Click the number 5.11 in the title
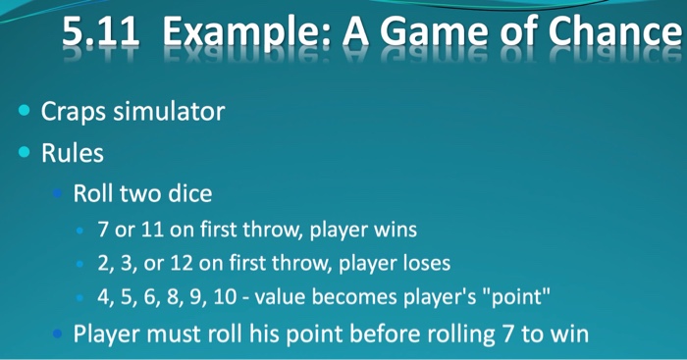click(x=99, y=36)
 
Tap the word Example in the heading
click(x=239, y=36)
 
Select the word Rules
click(x=72, y=154)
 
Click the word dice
click(x=188, y=193)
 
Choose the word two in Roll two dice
click(x=139, y=193)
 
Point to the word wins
click(x=394, y=230)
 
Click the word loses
click(x=425, y=263)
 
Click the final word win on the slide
click(x=568, y=334)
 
